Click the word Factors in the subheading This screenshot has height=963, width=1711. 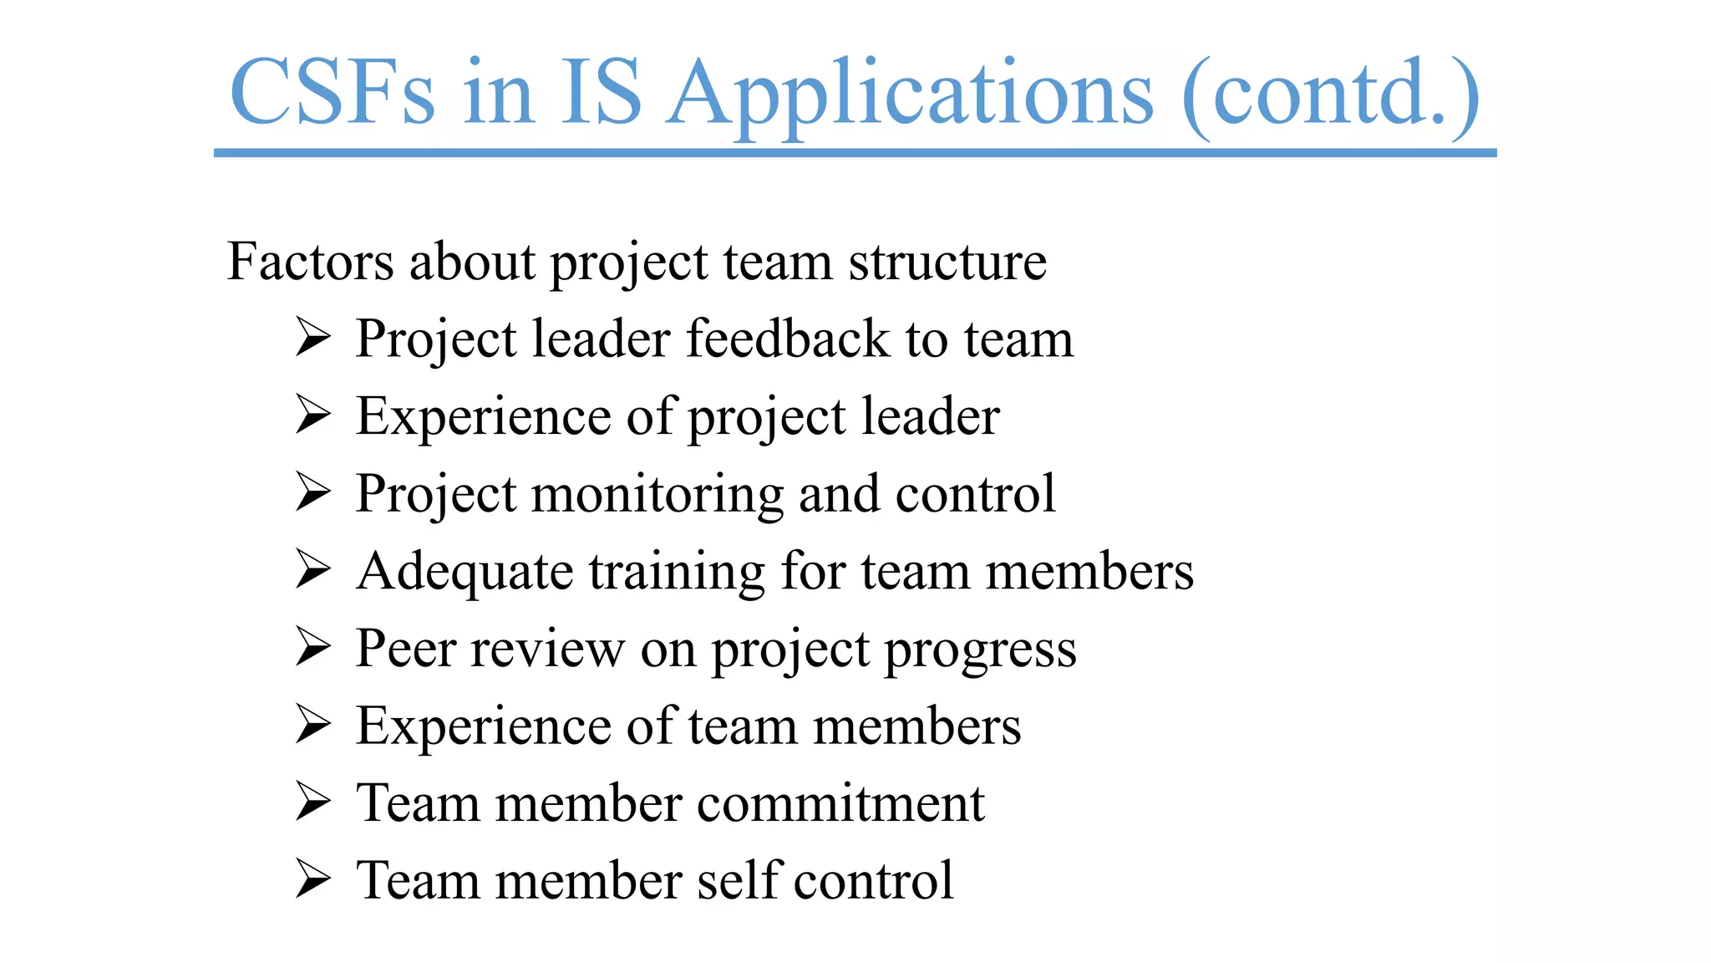[x=310, y=262]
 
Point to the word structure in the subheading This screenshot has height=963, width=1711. [x=947, y=262]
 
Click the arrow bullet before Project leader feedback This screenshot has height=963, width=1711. [x=313, y=339]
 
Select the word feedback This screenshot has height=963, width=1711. [x=788, y=339]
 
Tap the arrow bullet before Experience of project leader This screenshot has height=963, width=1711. [x=313, y=415]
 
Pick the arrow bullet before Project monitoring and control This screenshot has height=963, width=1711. [x=313, y=492]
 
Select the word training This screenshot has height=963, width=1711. [x=677, y=573]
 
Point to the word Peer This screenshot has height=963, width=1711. [x=404, y=648]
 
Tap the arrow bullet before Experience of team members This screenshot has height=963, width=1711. [x=313, y=725]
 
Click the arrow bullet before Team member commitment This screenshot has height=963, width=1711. [x=313, y=802]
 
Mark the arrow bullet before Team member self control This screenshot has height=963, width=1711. [x=313, y=879]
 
